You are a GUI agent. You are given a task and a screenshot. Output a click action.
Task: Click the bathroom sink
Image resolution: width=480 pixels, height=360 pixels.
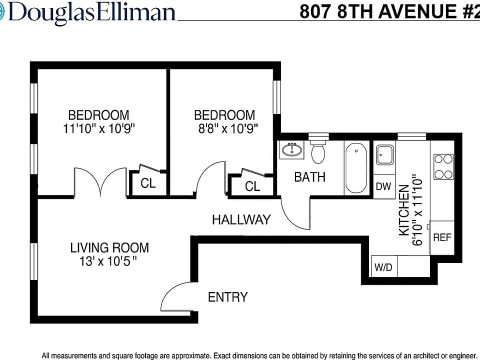(x=292, y=149)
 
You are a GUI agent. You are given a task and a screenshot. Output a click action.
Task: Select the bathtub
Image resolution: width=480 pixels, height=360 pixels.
(x=356, y=168)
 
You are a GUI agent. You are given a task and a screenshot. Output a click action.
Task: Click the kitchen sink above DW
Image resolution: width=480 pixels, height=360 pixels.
(x=384, y=154)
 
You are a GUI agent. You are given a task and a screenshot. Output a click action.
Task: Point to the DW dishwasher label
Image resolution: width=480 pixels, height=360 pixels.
(x=383, y=186)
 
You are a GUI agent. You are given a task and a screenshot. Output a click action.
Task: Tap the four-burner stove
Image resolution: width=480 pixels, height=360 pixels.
(x=443, y=167)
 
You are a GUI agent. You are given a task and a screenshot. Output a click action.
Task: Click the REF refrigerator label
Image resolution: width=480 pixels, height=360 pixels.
(x=442, y=237)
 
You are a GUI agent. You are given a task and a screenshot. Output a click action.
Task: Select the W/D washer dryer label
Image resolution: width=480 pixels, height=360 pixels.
(x=383, y=267)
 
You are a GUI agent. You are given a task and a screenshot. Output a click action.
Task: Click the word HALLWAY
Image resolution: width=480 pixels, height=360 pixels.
(x=241, y=220)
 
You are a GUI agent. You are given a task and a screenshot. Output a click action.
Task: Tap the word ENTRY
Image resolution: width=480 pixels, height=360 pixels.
(x=228, y=297)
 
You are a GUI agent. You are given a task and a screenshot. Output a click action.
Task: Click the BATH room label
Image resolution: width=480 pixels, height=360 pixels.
(x=310, y=177)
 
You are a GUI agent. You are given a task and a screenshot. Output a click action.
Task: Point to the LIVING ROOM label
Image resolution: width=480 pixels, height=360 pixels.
(x=109, y=247)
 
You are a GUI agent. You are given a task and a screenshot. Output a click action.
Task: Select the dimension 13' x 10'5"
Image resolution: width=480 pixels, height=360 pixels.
(x=108, y=261)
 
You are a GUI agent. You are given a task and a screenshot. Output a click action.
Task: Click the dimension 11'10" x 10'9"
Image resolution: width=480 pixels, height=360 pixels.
(x=99, y=128)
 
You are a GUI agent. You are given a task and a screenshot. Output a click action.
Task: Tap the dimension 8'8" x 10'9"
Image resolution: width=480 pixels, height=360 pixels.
(x=228, y=128)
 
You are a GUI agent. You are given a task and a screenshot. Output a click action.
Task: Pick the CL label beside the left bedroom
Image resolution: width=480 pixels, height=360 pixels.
(x=148, y=183)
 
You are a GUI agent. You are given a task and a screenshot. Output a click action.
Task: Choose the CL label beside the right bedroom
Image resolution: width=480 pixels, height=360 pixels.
(x=252, y=186)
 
